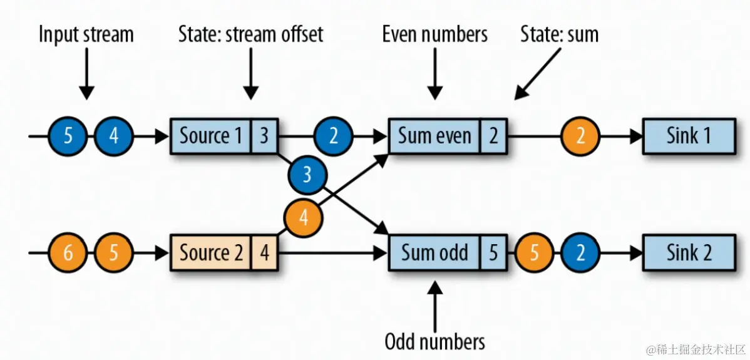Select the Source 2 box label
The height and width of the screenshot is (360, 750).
[x=210, y=253]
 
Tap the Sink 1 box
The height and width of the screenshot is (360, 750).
[x=688, y=136]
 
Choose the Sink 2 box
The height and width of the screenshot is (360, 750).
[x=688, y=253]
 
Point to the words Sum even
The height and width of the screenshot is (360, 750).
[x=434, y=136]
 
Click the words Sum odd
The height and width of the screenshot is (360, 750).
[x=434, y=253]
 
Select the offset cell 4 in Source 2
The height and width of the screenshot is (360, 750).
[x=265, y=253]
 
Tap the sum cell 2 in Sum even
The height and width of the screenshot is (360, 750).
[x=493, y=136]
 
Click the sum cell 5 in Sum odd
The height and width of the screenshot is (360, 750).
[x=493, y=253]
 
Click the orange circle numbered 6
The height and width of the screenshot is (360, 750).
[x=68, y=253]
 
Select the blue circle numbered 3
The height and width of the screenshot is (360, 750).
[x=307, y=175]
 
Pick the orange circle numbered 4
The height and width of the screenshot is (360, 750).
[x=304, y=219]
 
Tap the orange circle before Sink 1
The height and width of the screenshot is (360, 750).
[x=580, y=136]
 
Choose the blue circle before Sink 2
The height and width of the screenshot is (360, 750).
[x=580, y=253]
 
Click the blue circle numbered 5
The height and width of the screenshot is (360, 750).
[x=68, y=136]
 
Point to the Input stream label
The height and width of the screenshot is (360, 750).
[x=86, y=34]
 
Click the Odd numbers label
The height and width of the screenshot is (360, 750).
[x=434, y=341]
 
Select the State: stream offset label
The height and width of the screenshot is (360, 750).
[x=250, y=34]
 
